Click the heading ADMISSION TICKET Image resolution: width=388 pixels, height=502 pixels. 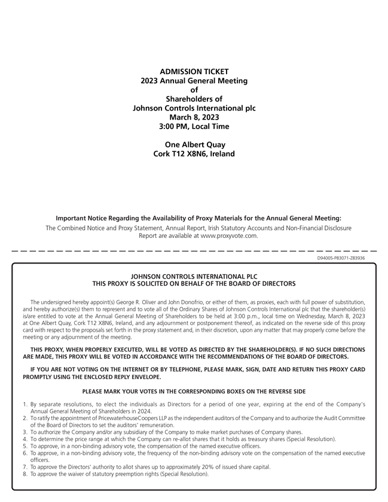click(194, 72)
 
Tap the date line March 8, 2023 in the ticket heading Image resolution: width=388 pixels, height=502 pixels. click(194, 117)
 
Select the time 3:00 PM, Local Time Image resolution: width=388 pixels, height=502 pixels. click(194, 127)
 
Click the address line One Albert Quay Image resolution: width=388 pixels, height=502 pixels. click(194, 145)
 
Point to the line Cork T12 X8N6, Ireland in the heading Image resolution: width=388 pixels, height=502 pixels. click(194, 154)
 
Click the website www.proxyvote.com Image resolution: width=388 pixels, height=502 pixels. click(229, 236)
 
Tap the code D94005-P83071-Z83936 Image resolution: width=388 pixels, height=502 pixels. click(341, 258)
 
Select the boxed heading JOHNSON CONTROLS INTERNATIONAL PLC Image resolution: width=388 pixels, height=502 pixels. click(194, 277)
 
